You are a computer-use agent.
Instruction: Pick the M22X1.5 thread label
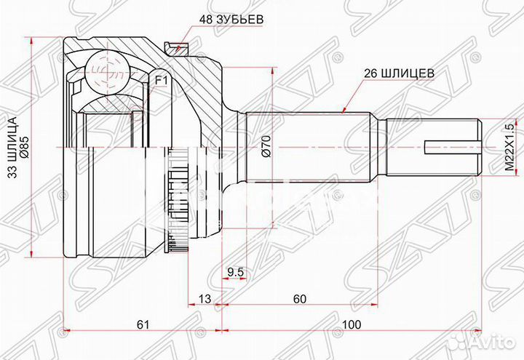(x=509, y=148)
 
